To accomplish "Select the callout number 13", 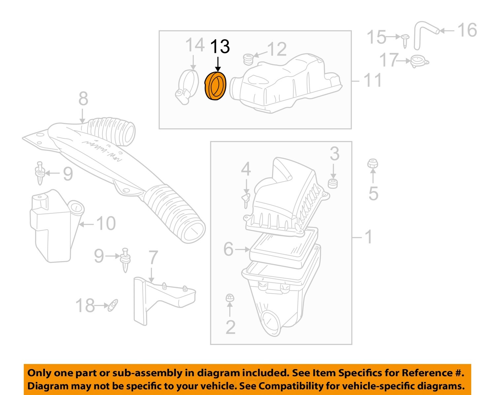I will [220, 47].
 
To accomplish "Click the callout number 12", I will [277, 49].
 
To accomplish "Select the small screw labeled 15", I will [405, 40].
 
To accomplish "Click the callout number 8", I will [83, 99].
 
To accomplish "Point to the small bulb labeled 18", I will [113, 305].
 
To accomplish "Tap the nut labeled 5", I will [373, 164].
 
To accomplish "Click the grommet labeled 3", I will [333, 183].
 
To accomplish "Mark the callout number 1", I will [369, 237].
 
